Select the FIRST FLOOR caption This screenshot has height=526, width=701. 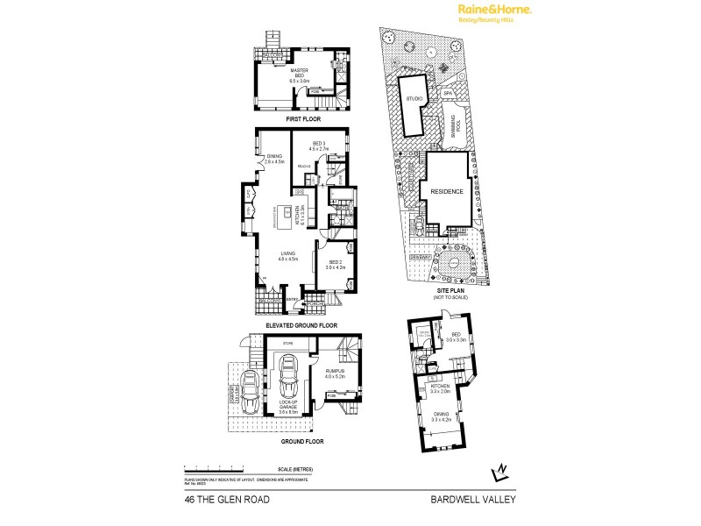301,117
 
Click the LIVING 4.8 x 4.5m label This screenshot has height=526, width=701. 288,257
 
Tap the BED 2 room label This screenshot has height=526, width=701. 335,265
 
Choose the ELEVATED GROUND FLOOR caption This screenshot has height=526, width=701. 301,325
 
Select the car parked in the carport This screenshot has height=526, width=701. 249,385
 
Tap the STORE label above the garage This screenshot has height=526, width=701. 287,345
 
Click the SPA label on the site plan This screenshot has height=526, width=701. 446,93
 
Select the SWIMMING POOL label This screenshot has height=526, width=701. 453,128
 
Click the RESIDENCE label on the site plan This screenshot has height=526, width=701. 446,190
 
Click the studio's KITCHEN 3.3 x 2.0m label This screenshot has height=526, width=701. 439,388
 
